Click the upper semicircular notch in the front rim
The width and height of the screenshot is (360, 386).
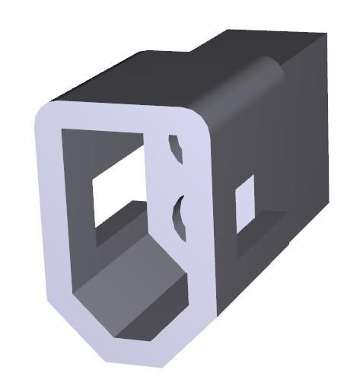click(x=176, y=148)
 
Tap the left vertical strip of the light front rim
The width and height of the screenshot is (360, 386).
click(x=49, y=221)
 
